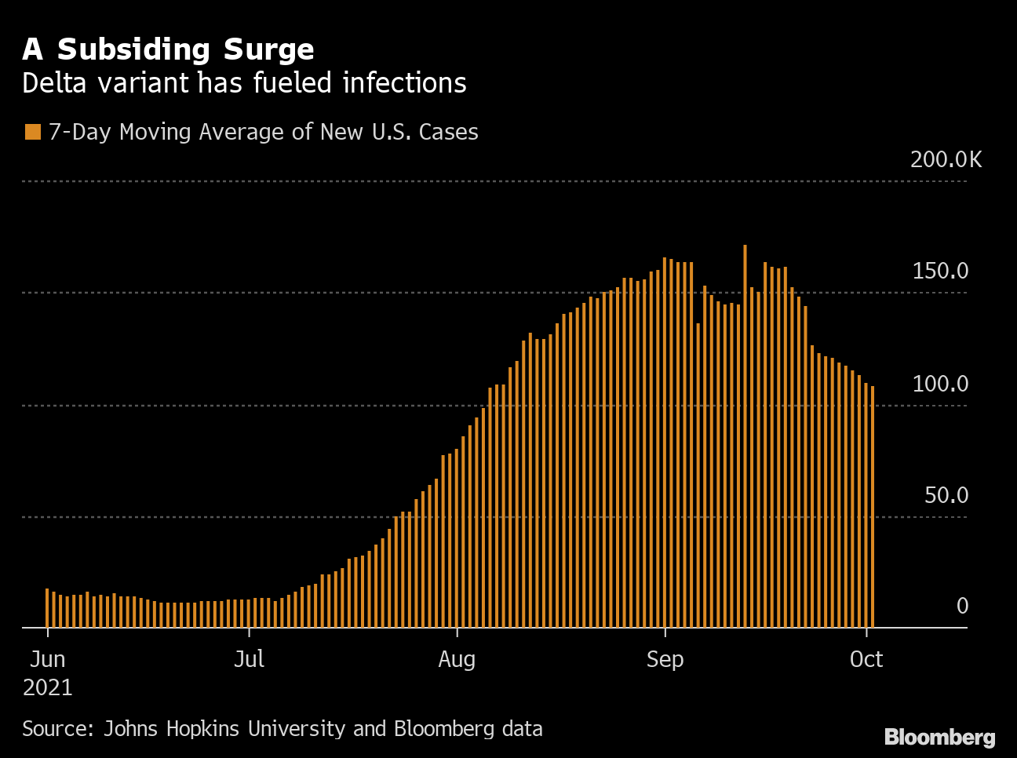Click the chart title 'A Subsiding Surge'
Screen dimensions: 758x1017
pyautogui.click(x=168, y=49)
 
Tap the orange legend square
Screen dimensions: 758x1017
pyautogui.click(x=32, y=132)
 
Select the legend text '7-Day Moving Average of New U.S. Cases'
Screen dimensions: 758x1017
pyautogui.click(x=263, y=132)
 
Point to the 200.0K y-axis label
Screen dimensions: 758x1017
pyautogui.click(x=946, y=159)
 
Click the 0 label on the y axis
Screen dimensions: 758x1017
pyautogui.click(x=962, y=606)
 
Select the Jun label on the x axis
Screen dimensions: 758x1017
pyautogui.click(x=47, y=659)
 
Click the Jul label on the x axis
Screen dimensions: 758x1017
pyautogui.click(x=249, y=659)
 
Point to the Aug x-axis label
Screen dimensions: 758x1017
pyautogui.click(x=457, y=659)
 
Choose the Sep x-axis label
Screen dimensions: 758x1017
pyautogui.click(x=665, y=659)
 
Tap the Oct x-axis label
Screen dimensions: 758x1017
pyautogui.click(x=866, y=659)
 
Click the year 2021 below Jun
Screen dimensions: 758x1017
pyautogui.click(x=47, y=687)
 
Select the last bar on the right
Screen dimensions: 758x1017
pyautogui.click(x=872, y=510)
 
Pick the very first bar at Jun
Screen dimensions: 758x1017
pyautogui.click(x=47, y=609)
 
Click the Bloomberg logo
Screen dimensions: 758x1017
pyautogui.click(x=939, y=738)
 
